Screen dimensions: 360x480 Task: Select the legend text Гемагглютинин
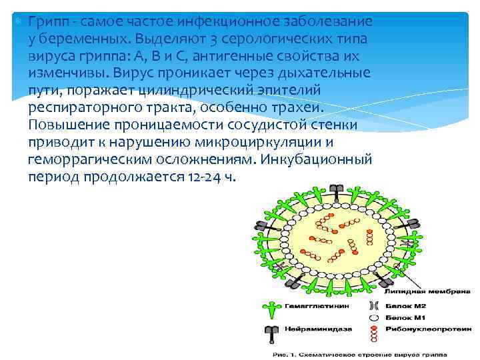(x=311, y=309)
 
